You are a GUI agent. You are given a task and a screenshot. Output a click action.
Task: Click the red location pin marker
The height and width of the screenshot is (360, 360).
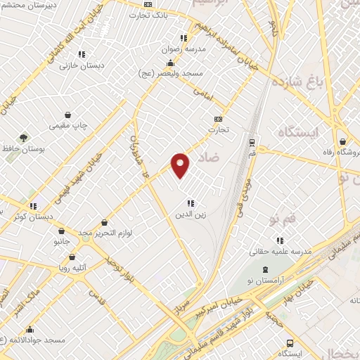[x=181, y=165]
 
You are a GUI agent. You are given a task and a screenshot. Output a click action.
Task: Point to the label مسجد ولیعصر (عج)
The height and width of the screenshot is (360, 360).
[x=181, y=73]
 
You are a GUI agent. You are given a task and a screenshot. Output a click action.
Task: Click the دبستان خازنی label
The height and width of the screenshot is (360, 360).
[x=77, y=65]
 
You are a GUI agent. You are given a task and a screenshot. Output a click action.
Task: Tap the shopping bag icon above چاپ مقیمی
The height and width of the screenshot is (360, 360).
[x=67, y=115]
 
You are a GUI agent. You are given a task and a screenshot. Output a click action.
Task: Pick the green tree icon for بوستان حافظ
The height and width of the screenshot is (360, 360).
[x=25, y=137]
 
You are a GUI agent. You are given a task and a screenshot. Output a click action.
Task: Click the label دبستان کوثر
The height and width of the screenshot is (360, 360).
[x=33, y=217]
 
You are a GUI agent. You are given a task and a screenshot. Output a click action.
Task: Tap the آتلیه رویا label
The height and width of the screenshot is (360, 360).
[x=73, y=268]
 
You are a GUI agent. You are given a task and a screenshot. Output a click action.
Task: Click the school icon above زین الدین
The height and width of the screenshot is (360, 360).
[x=191, y=204]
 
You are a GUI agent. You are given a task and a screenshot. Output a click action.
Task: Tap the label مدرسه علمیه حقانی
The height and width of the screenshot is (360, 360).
[x=279, y=250]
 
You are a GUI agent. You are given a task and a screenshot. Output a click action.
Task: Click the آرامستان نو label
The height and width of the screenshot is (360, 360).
[x=264, y=282]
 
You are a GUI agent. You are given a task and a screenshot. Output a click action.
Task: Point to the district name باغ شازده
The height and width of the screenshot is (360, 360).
[x=308, y=84]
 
